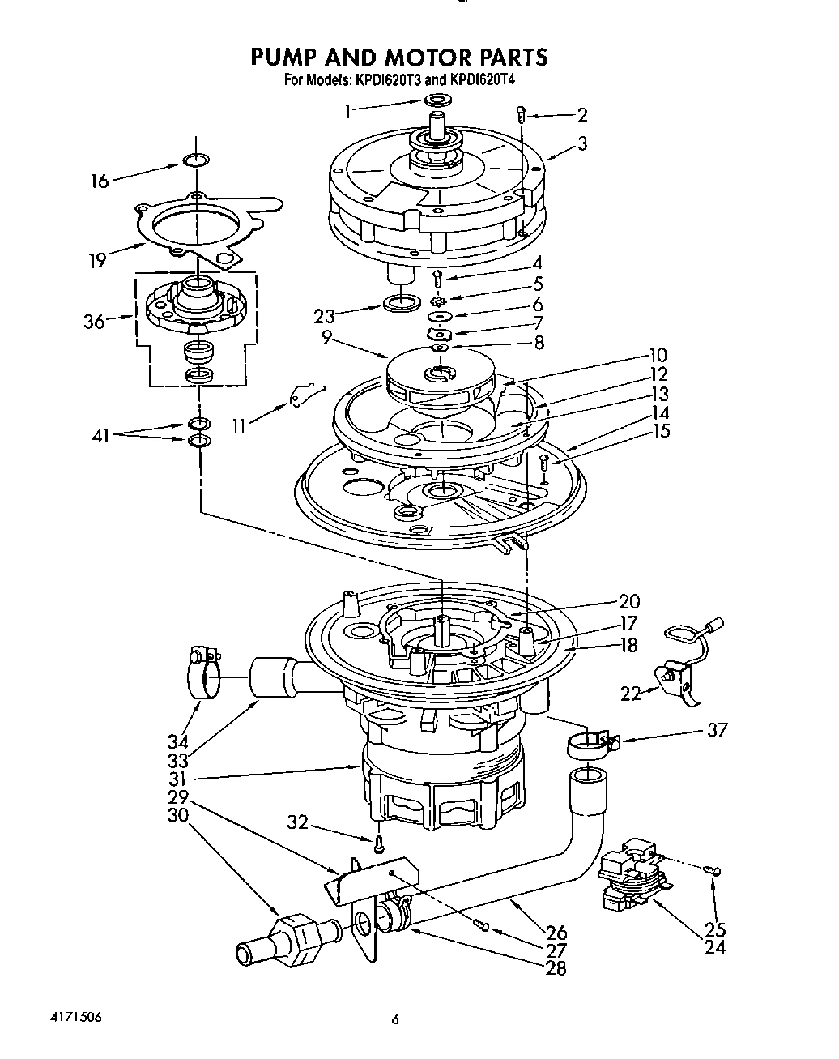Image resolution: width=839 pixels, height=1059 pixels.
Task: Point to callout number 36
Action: [x=94, y=322]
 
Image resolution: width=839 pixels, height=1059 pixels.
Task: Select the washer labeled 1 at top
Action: [x=437, y=100]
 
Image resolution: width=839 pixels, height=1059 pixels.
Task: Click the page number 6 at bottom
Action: [x=394, y=1021]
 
